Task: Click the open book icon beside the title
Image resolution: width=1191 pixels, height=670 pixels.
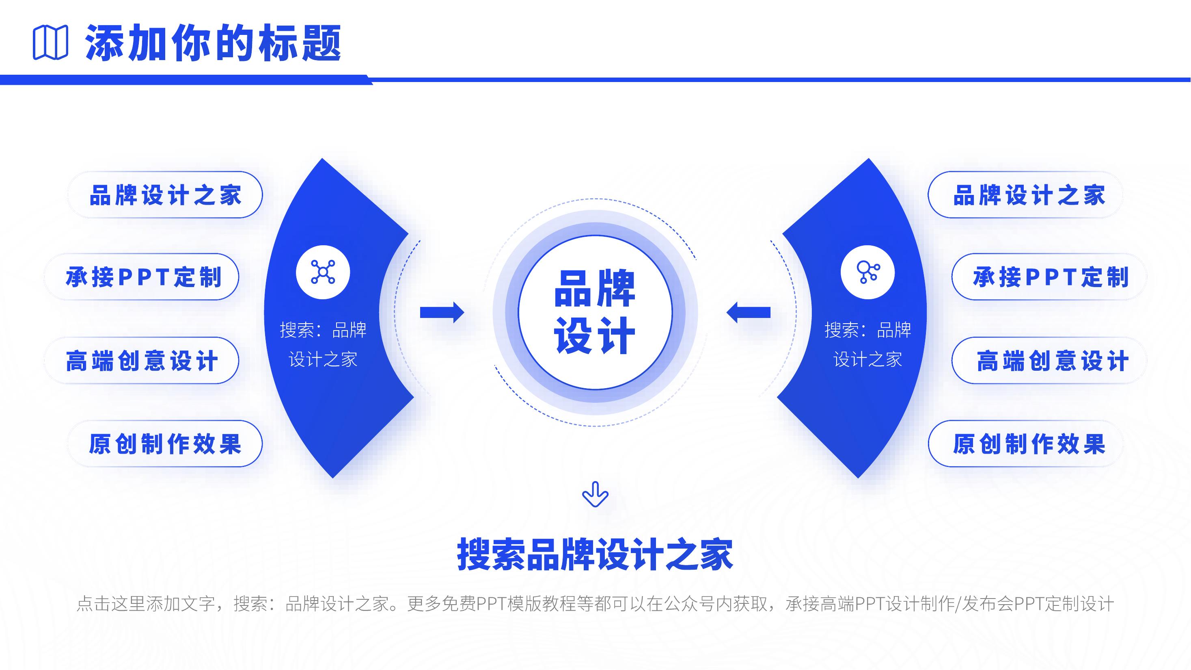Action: (50, 43)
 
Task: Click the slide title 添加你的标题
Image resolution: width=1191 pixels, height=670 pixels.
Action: (213, 43)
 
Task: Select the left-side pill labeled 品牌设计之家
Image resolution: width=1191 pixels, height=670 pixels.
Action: (165, 195)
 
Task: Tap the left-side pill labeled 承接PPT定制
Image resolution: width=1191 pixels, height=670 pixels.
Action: (142, 277)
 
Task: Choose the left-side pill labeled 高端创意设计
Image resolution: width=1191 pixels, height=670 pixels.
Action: (142, 361)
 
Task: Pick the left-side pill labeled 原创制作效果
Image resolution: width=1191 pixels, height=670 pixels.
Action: (165, 444)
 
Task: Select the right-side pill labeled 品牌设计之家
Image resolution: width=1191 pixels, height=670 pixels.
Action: (1025, 195)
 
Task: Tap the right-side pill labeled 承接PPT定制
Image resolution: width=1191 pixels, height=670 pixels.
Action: (1049, 277)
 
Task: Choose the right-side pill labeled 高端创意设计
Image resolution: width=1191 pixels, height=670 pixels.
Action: (1049, 361)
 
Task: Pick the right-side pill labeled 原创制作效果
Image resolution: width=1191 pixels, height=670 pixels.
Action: (1025, 444)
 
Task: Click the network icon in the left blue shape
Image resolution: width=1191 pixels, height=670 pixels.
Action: (323, 272)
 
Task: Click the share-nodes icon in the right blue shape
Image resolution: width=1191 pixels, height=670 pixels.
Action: (867, 272)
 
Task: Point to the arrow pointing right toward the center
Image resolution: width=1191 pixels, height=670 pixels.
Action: (442, 313)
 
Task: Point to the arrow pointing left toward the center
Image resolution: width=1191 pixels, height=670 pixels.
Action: (749, 313)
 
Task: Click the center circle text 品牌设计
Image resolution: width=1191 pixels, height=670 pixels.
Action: (595, 313)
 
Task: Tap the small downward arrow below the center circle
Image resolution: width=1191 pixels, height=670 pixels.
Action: (595, 494)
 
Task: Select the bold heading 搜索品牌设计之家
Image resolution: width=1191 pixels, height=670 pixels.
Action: (595, 554)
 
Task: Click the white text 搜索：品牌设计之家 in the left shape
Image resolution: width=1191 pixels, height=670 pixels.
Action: (323, 344)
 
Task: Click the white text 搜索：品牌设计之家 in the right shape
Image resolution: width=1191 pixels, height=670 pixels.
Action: (867, 344)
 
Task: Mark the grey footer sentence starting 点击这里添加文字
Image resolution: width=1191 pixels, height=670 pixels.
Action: (595, 604)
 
